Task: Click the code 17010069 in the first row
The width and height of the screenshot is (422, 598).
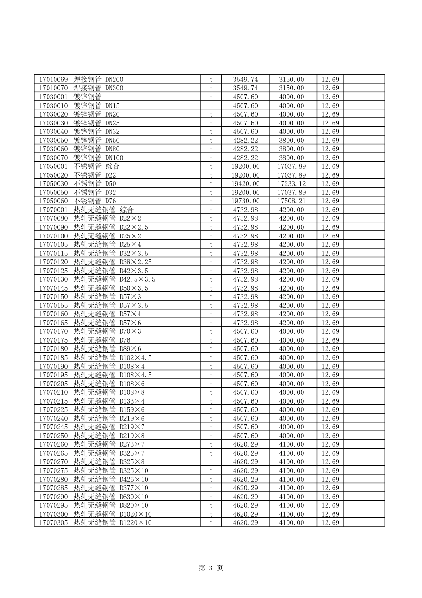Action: (x=53, y=80)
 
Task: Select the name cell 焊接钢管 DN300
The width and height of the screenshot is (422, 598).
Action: (x=98, y=88)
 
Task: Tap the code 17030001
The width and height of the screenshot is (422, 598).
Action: (x=53, y=97)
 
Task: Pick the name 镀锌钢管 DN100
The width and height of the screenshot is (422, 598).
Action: (x=98, y=158)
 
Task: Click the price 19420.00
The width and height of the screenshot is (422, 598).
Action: (x=245, y=184)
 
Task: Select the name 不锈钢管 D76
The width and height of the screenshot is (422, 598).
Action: (x=95, y=201)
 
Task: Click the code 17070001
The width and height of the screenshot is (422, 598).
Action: (x=53, y=210)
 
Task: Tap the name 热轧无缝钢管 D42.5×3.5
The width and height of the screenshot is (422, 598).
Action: (x=114, y=279)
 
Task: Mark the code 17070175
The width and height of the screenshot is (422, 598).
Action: (x=53, y=340)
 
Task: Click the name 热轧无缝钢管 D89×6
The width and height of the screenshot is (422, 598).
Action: (x=107, y=349)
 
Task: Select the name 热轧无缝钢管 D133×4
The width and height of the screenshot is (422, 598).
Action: (x=109, y=401)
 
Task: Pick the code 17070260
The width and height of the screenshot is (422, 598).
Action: (x=53, y=444)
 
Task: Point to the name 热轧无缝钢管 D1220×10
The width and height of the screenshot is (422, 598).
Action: (x=112, y=523)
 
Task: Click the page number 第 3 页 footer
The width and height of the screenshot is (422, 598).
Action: (x=211, y=568)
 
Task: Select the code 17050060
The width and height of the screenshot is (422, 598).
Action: (x=53, y=201)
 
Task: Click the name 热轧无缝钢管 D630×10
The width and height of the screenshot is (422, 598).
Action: (x=111, y=497)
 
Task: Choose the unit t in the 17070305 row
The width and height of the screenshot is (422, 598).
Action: (x=211, y=523)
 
